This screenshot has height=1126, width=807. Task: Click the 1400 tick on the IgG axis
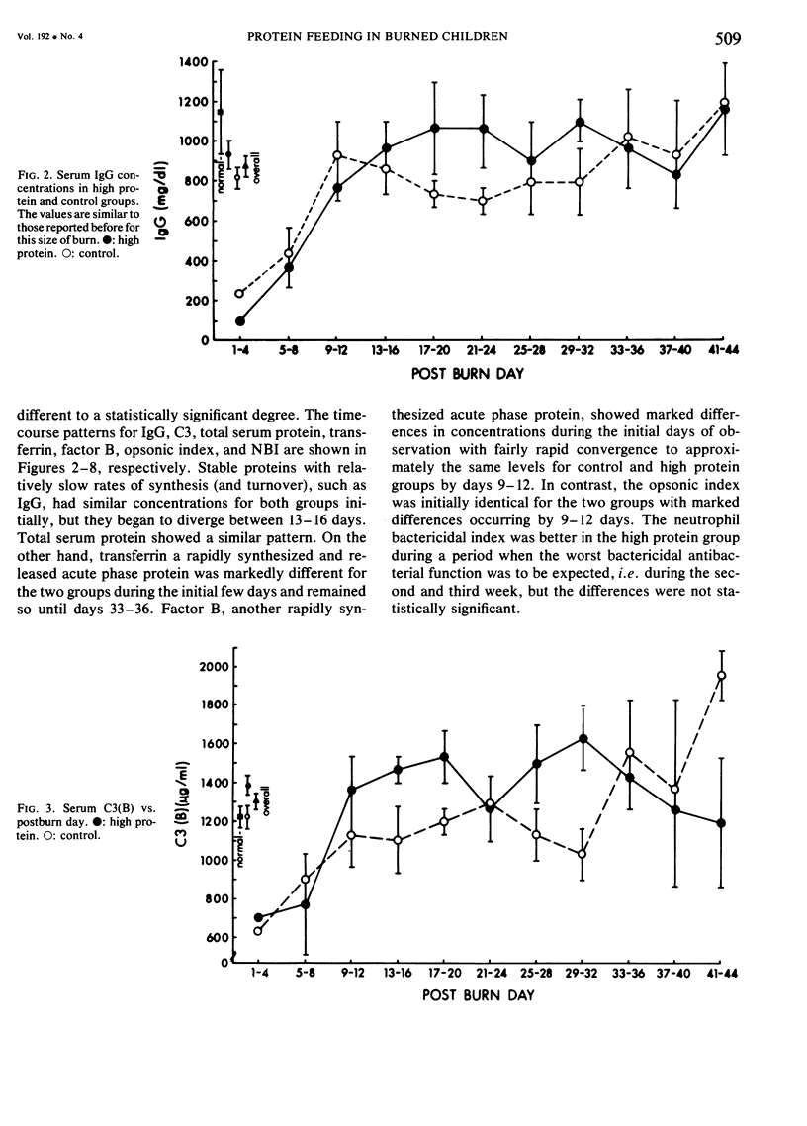(x=193, y=62)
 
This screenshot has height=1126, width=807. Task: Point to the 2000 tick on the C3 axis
(x=217, y=667)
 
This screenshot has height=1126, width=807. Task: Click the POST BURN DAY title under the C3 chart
(x=478, y=995)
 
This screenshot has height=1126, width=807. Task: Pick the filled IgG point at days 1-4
(x=240, y=321)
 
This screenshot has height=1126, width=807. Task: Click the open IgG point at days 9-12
(x=338, y=155)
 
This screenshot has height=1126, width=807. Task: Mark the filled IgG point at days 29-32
(x=581, y=123)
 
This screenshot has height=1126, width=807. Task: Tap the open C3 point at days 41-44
(x=722, y=676)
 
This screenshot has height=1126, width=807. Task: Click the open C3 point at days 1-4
(x=259, y=931)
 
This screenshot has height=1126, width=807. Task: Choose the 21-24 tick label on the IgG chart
(x=484, y=351)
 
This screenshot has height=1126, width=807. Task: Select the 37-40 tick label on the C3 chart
(x=675, y=974)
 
